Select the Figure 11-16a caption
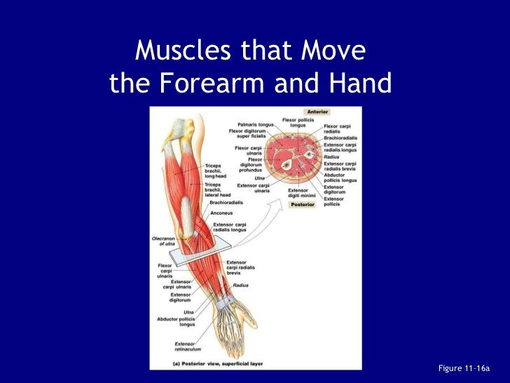click(x=463, y=368)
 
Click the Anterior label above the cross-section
click(x=317, y=112)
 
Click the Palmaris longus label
click(x=255, y=124)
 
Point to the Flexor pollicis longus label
click(x=298, y=123)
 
